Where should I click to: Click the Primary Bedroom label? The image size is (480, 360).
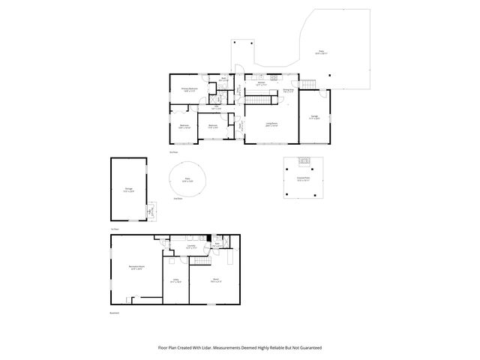tap(188, 90)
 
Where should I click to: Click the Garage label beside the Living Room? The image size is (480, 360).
tap(314, 116)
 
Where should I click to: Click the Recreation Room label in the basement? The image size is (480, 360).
tap(136, 268)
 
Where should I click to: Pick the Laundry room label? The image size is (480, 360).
tap(191, 247)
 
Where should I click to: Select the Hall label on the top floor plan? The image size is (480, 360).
tap(215, 108)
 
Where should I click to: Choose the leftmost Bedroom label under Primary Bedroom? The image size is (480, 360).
tap(184, 127)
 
